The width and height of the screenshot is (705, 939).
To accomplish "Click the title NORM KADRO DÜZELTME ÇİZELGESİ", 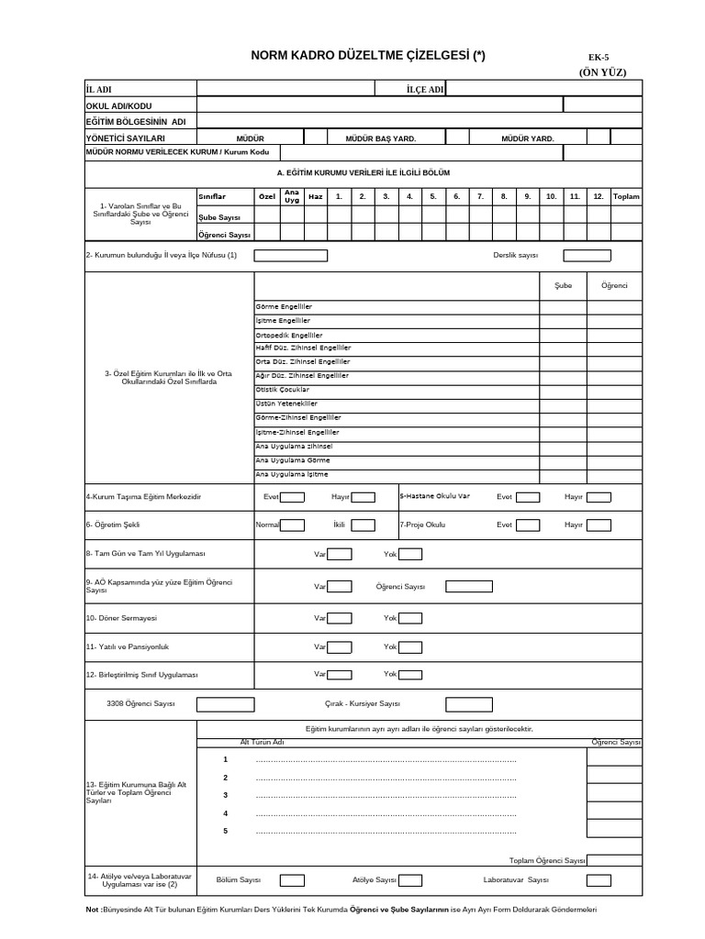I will tap(368, 56).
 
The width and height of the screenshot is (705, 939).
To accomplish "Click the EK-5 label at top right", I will tap(599, 57).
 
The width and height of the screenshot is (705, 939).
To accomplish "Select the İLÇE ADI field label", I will tap(425, 89).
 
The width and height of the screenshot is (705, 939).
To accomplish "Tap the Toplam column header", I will tap(626, 197).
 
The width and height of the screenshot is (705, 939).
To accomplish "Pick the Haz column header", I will tap(315, 197).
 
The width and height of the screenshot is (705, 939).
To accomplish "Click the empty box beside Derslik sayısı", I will tap(587, 256).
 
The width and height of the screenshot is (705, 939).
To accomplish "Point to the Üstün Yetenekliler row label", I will tap(286, 403).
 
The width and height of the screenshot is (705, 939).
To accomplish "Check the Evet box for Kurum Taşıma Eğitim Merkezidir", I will tap(293, 497).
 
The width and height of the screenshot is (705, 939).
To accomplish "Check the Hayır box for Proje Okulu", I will tap(599, 525).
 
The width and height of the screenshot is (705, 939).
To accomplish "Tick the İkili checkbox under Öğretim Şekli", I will tap(363, 525).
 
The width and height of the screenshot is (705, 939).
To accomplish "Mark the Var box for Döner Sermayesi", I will tap(340, 618).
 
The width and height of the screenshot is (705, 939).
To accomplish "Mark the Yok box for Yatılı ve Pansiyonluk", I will tap(409, 646).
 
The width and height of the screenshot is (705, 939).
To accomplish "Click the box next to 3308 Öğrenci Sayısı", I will tap(226, 704).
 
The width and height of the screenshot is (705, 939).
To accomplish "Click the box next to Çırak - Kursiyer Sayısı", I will tap(468, 704).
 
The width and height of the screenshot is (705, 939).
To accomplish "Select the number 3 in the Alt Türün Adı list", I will tap(225, 795).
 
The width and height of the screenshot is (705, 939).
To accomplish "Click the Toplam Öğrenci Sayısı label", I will tap(547, 861).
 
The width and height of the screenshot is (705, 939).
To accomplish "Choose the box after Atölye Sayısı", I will tap(410, 880).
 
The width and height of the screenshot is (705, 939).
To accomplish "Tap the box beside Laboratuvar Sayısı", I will tap(599, 880).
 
